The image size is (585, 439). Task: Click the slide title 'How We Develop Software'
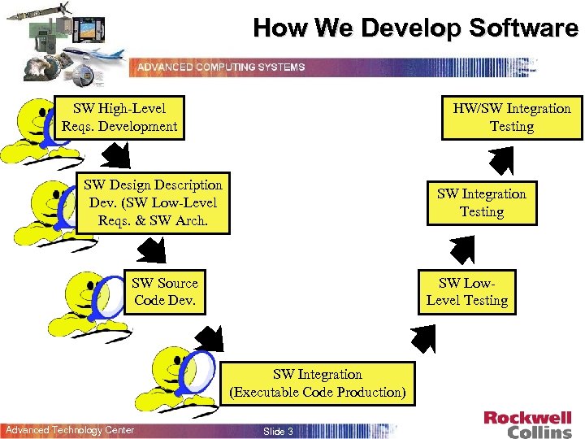(x=415, y=28)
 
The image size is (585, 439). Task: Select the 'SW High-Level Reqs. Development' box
(x=119, y=118)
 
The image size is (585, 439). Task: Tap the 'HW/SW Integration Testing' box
(x=512, y=118)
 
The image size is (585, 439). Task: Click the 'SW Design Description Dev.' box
(x=153, y=203)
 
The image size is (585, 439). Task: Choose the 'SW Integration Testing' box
(x=482, y=203)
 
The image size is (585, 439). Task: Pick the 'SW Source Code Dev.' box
(x=165, y=292)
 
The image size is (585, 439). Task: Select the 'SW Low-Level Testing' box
(x=467, y=292)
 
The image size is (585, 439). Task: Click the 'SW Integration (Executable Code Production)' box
(x=317, y=384)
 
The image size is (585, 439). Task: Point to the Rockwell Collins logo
(x=527, y=424)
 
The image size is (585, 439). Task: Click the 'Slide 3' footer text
(x=279, y=431)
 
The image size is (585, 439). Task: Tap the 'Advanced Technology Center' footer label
(x=69, y=430)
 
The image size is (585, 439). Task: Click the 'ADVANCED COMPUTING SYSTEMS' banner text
(x=221, y=67)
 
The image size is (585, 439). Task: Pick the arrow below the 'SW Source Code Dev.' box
(x=208, y=338)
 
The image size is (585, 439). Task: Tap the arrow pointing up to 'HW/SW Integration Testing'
(x=501, y=160)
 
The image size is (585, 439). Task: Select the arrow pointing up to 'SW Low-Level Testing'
(x=423, y=337)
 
